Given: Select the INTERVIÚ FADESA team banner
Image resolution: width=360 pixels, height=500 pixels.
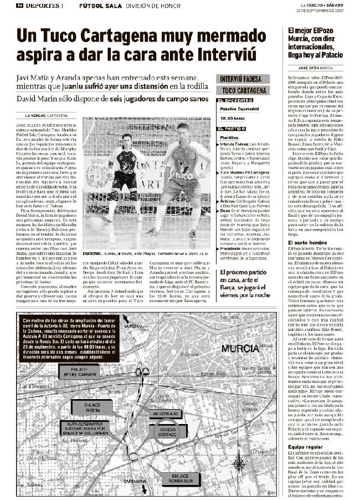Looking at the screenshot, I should (x=241, y=79).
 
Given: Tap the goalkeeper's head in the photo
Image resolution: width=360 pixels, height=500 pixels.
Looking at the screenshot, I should (x=127, y=137).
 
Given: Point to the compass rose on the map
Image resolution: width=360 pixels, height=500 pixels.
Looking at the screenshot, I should (x=239, y=462).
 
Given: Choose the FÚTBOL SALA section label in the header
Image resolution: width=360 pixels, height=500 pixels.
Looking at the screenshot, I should (x=94, y=5).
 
